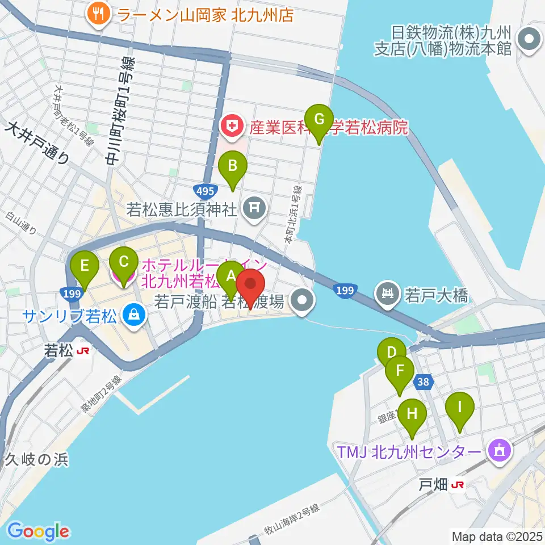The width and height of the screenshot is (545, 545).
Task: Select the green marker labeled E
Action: coord(85,266)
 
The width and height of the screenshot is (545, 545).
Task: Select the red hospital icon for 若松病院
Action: coord(232,127)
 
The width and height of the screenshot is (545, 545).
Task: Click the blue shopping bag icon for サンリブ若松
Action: coord(133,313)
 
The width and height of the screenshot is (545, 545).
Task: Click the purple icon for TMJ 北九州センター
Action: coord(499,451)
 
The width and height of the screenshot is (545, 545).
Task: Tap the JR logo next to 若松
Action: coord(83,351)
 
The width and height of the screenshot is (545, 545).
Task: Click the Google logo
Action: coord(38,531)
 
